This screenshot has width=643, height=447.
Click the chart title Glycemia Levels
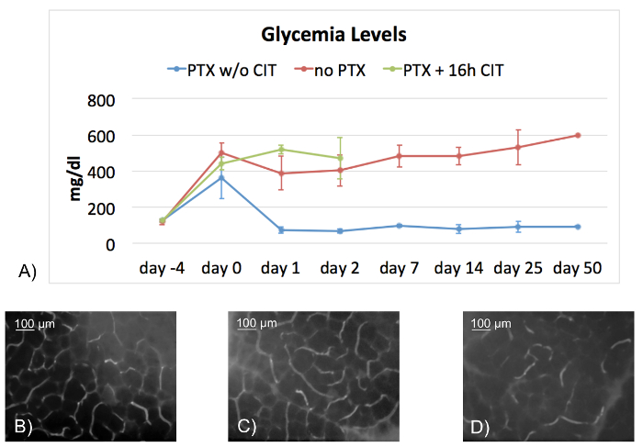point(333,36)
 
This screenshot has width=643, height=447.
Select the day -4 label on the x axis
point(162,268)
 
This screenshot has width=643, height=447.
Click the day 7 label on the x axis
point(400,268)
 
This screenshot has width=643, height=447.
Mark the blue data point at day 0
point(221,177)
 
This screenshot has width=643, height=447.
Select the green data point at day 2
point(340,158)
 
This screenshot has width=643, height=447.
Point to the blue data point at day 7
point(400,226)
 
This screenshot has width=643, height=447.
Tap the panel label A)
point(27,270)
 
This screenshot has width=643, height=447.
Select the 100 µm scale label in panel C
point(257,324)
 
